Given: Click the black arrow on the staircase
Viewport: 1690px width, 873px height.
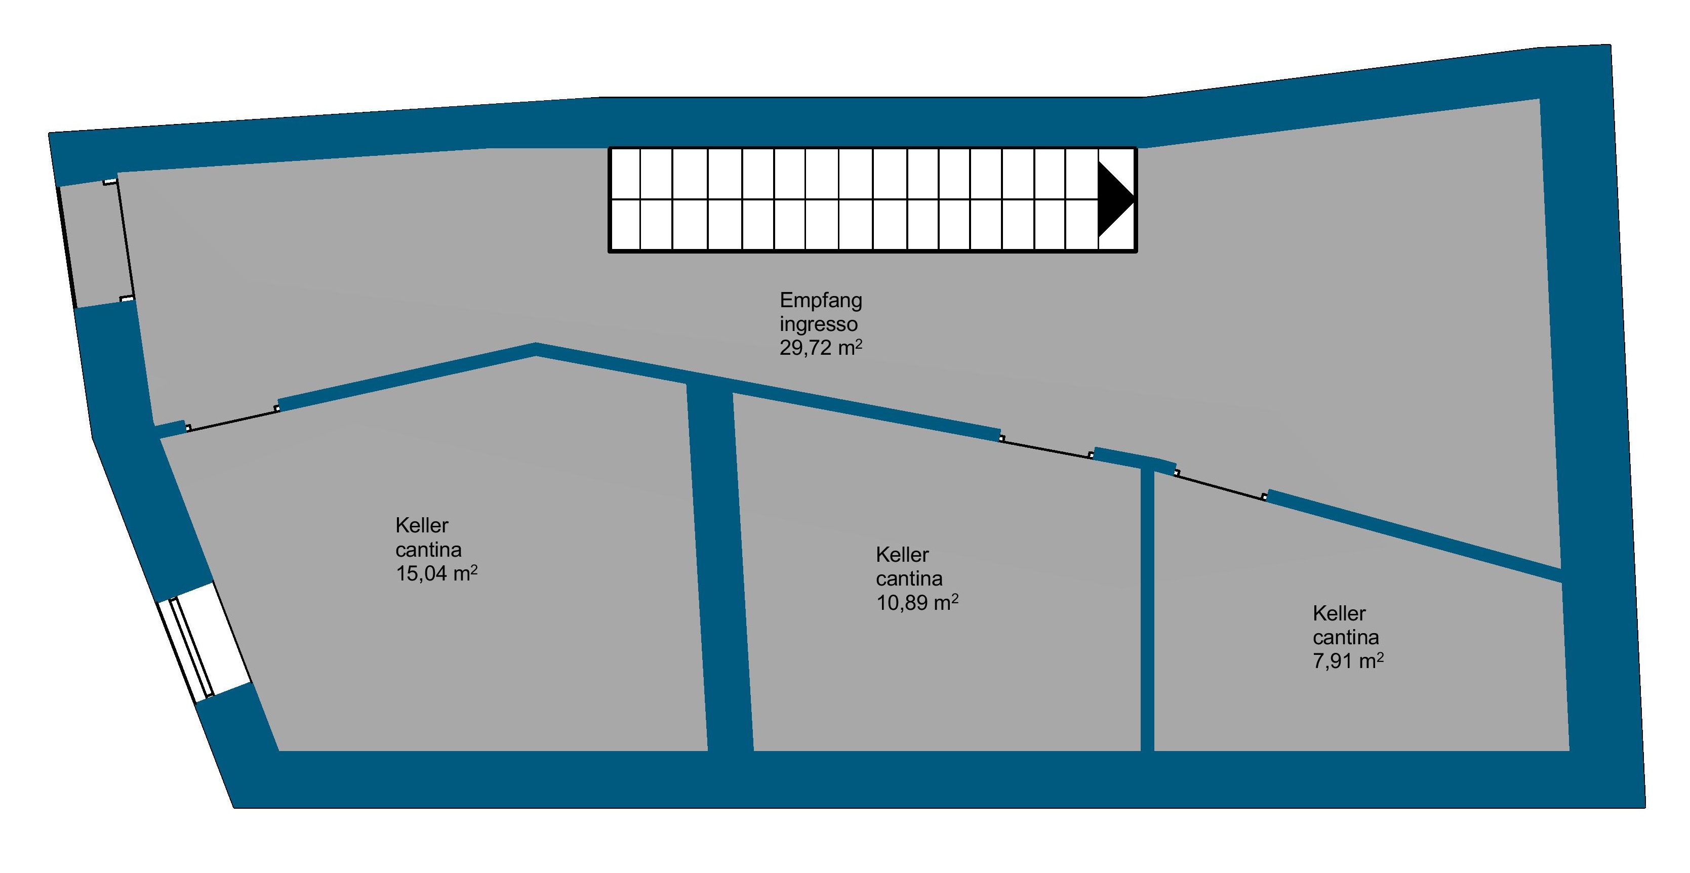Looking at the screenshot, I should click(1114, 199).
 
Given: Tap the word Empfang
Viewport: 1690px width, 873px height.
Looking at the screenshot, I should click(820, 301).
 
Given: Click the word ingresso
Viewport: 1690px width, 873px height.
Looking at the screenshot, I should click(818, 324).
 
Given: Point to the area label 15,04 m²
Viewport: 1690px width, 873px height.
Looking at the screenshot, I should click(435, 573).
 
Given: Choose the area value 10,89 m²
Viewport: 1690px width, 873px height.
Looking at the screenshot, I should click(916, 602).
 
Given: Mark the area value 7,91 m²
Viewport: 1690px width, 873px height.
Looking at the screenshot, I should click(1348, 660).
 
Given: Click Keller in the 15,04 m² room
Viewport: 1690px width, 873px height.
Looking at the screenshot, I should click(422, 525).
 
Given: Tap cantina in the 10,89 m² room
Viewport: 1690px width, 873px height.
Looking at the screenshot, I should click(909, 578).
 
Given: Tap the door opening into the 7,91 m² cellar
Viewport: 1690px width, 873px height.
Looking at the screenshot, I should click(1220, 485).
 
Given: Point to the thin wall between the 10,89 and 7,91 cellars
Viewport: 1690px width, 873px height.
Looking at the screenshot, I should click(1147, 610).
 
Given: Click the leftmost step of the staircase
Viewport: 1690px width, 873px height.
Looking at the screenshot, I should click(625, 199).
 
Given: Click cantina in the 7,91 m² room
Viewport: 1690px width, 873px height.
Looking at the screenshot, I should click(1346, 637).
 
